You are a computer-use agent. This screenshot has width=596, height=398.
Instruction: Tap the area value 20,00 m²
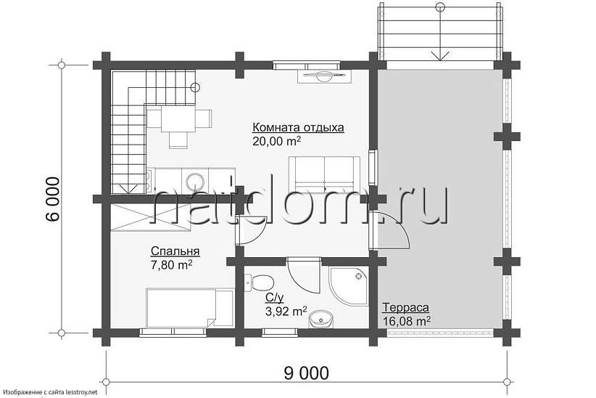click(276, 142)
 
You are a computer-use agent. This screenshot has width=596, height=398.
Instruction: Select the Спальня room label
click(175, 251)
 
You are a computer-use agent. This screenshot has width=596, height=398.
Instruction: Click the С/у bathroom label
click(273, 298)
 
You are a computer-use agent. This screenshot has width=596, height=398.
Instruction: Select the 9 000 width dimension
click(302, 373)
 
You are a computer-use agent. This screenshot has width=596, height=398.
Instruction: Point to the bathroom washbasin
click(320, 320)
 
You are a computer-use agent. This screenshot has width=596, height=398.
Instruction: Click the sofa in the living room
click(324, 171)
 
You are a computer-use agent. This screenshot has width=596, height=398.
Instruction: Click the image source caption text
click(50, 392)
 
